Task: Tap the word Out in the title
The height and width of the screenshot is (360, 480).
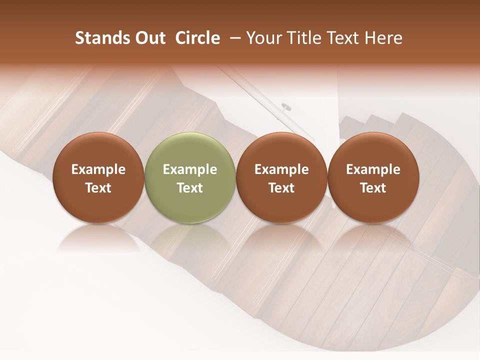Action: [148, 38]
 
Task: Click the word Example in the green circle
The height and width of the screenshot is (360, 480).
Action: [190, 169]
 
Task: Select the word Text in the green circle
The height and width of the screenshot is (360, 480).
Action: [190, 188]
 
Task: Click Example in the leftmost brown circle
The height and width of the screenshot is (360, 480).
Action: [98, 169]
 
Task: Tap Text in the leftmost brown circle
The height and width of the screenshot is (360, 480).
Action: [98, 188]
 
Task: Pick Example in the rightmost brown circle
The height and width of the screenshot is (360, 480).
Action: [373, 169]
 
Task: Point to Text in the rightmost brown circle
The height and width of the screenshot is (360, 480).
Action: [373, 188]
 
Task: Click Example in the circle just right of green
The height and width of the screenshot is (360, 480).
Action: [281, 169]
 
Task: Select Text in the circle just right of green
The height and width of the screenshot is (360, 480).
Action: [281, 188]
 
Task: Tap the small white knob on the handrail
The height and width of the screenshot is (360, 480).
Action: [286, 106]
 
